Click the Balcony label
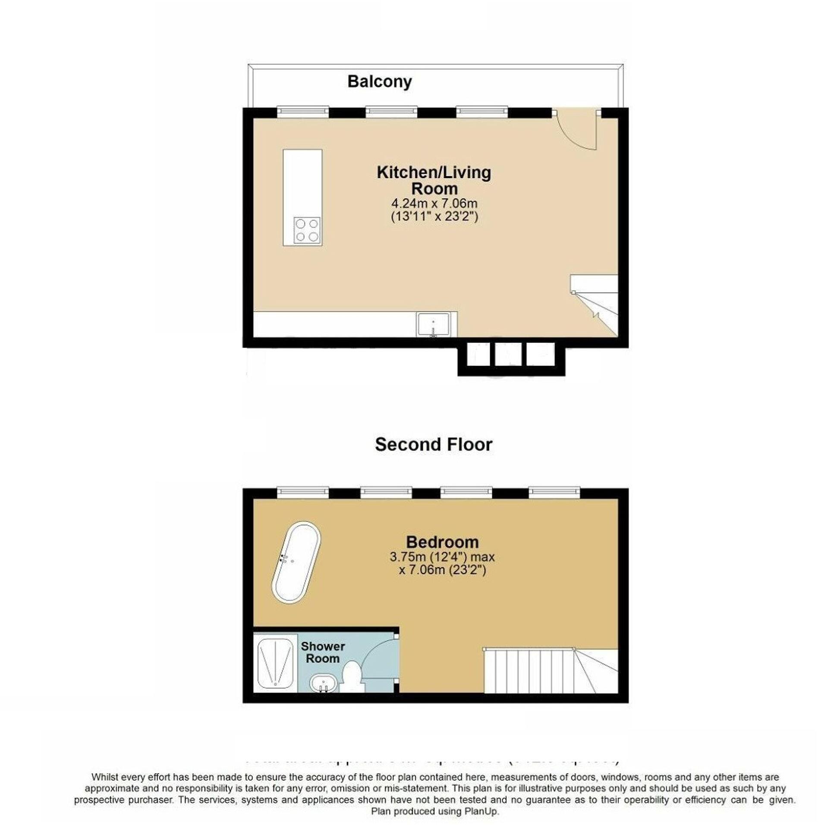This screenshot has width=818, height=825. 379,82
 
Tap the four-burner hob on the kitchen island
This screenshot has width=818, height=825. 307,230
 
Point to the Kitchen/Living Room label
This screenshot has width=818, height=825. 434,180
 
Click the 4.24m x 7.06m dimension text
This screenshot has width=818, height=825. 434,203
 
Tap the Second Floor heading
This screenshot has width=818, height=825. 433,445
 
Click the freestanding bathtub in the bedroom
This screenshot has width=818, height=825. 296,562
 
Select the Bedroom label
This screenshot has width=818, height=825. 442,542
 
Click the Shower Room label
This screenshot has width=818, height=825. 323,652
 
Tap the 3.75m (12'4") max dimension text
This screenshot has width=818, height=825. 442,557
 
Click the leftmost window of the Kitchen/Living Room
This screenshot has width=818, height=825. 302,112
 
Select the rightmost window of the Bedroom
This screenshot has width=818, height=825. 554,492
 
